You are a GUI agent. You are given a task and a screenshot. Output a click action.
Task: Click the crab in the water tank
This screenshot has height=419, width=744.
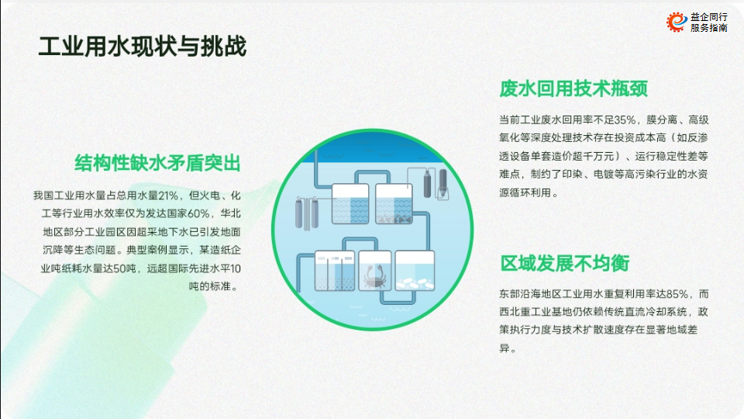pyautogui.click(x=374, y=277)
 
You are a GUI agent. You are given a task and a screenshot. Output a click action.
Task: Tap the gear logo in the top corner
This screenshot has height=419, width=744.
pyautogui.click(x=677, y=22)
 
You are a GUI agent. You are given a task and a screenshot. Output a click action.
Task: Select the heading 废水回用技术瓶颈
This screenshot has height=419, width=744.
pyautogui.click(x=573, y=88)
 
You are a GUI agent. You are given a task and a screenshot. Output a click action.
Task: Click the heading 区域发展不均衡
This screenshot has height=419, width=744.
pyautogui.click(x=565, y=263)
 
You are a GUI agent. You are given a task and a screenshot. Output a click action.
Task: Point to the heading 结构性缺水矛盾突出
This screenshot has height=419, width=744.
pyautogui.click(x=157, y=163)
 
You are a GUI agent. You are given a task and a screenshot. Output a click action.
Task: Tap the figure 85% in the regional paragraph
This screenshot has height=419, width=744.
pyautogui.click(x=677, y=294)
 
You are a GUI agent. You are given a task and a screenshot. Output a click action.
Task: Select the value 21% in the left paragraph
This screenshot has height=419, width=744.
pyautogui.click(x=168, y=196)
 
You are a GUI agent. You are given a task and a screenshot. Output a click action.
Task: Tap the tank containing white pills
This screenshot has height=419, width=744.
pyautogui.click(x=415, y=271)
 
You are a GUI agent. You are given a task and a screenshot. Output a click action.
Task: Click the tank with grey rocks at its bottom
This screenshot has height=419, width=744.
pyautogui.click(x=394, y=204)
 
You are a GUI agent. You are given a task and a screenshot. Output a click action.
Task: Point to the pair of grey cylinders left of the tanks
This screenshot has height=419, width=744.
pyautogui.click(x=307, y=213)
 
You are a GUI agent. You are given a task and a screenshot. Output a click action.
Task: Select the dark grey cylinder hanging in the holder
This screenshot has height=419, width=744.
pyautogui.click(x=443, y=182)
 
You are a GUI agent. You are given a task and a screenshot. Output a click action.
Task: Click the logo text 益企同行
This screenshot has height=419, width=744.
pyautogui.click(x=709, y=17)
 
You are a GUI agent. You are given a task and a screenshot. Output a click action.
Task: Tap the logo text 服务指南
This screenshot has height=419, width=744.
pyautogui.click(x=709, y=28)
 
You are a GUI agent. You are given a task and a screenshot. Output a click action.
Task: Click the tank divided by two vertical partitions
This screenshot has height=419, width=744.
pyautogui.click(x=335, y=271)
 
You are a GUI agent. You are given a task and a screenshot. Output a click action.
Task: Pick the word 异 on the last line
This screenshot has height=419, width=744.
pyautogui.click(x=504, y=348)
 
